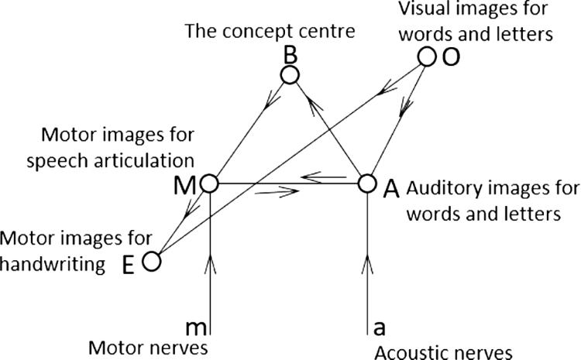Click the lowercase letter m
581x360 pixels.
tap(197, 327)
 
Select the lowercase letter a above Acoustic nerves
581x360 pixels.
tap(379, 327)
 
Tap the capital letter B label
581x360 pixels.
tap(290, 56)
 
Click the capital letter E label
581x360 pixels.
tap(128, 266)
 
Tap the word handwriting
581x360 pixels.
tap(52, 265)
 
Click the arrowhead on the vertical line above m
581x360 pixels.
tap(210, 264)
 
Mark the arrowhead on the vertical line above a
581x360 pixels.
tap(367, 264)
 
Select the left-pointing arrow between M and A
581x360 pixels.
tap(324, 177)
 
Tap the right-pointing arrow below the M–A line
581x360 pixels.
tap(277, 191)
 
